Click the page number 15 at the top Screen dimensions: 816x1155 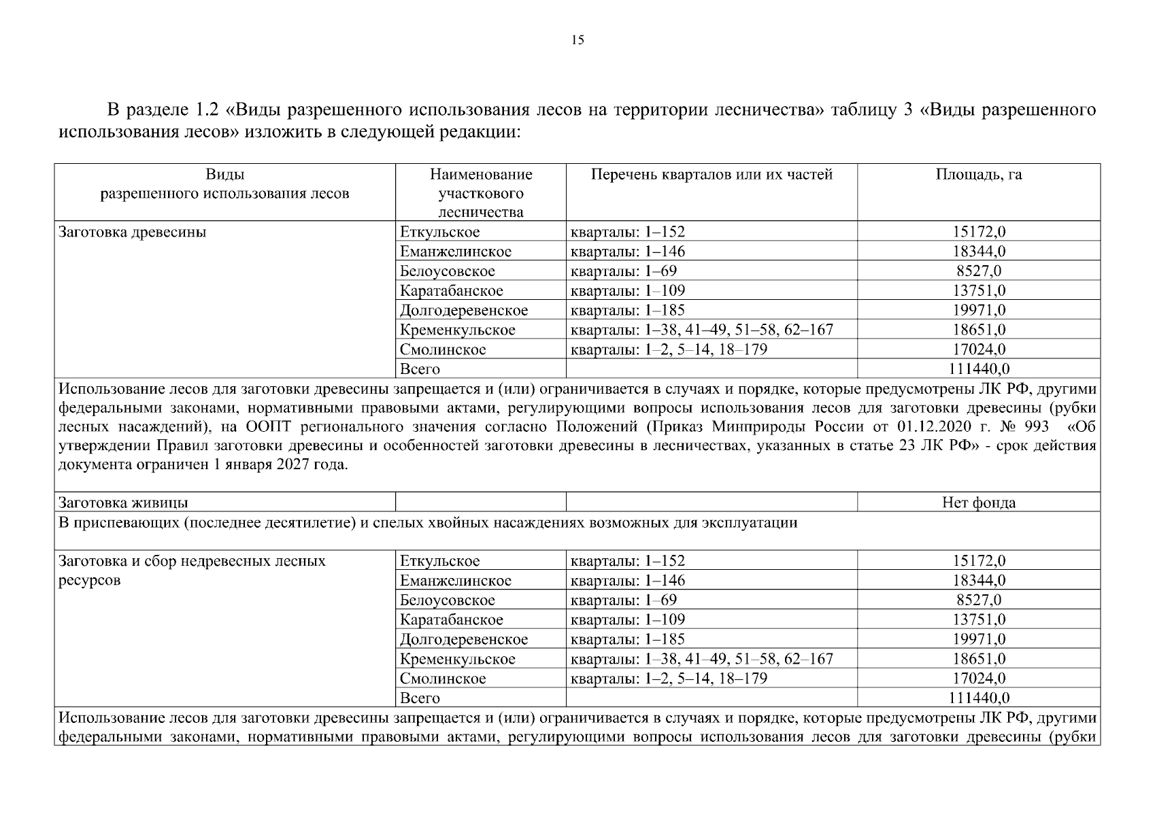[x=577, y=40]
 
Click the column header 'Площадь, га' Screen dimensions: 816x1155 [x=978, y=175]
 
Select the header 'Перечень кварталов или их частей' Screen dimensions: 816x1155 [x=711, y=175]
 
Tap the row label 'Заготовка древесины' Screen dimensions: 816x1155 [x=133, y=232]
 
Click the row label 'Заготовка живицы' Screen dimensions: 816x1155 [x=123, y=503]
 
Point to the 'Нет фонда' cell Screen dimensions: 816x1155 [x=978, y=503]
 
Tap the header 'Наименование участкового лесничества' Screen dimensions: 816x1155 [x=480, y=193]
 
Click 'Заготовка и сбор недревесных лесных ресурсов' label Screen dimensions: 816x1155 [x=192, y=570]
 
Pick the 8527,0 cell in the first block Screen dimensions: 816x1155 [x=978, y=271]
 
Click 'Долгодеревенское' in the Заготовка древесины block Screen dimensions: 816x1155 [x=463, y=311]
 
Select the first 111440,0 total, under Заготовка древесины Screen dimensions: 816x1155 [x=978, y=369]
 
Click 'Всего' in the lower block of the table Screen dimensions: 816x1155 [x=420, y=698]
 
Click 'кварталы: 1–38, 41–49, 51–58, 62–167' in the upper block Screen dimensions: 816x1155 [x=701, y=330]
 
